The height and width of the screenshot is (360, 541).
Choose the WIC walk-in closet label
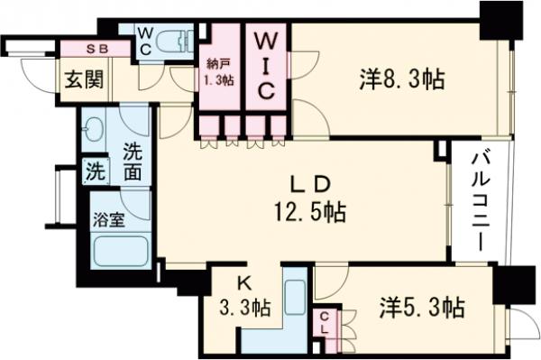click(x=267, y=65)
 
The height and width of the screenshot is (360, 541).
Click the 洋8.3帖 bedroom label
click(x=401, y=79)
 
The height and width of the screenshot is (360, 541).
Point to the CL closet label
click(x=325, y=322)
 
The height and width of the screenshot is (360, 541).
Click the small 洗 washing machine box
click(x=94, y=170)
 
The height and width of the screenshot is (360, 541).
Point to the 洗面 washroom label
click(x=133, y=161)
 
